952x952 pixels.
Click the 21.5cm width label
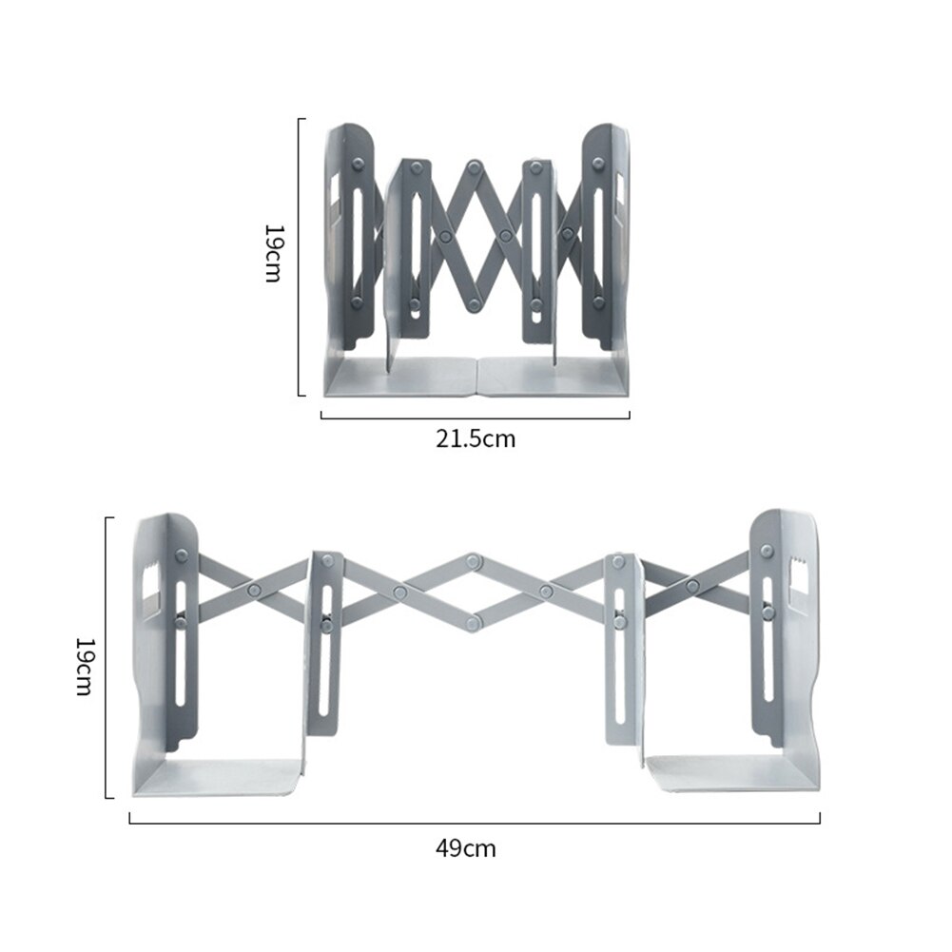point(476,438)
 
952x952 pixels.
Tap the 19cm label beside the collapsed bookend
point(273,254)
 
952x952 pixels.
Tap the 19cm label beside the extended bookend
point(84,666)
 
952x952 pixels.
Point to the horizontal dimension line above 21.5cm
point(476,416)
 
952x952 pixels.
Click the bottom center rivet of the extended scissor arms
point(474,623)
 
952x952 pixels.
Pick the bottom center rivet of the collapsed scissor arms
point(474,303)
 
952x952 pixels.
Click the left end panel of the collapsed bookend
point(346,238)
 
